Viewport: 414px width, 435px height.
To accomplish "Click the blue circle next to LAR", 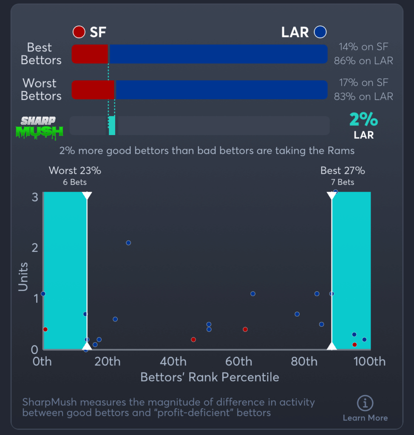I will point(320,32).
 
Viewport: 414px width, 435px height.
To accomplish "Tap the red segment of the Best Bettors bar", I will point(90,54).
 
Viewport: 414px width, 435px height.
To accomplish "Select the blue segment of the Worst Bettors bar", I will point(221,90).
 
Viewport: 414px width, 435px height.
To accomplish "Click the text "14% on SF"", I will point(363,47).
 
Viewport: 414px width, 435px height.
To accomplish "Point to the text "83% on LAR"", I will point(363,96).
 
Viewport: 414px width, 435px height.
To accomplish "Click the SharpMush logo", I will point(39,127).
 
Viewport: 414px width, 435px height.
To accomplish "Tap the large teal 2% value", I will point(363,120).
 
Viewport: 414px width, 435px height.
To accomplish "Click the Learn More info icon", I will point(365,403).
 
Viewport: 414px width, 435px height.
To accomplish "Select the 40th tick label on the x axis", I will point(173,362).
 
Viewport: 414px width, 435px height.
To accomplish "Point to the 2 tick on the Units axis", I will point(35,248).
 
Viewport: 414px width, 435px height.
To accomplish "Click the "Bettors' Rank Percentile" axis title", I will point(210,377).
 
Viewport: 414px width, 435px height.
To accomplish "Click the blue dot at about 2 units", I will point(128,243).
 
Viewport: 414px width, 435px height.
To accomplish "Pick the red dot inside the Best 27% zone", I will point(354,345).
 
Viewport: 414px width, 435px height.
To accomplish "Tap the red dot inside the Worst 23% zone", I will point(45,329).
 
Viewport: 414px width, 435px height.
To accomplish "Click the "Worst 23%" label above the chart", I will point(75,171).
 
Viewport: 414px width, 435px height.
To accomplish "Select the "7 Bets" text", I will point(342,182).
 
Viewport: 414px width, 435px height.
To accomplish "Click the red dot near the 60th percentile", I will point(245,329).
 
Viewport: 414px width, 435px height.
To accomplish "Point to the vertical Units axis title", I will point(23,277).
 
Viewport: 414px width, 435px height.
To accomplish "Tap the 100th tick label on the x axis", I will point(370,362).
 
